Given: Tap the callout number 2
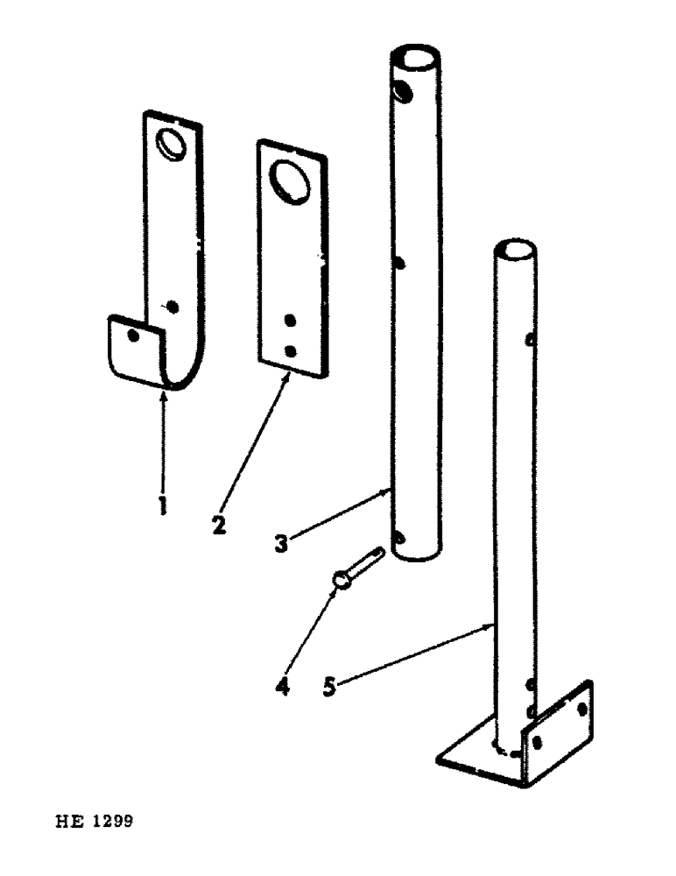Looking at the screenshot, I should (219, 525).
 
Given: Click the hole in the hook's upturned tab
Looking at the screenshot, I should (131, 335).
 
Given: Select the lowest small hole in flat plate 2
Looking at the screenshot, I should (291, 350).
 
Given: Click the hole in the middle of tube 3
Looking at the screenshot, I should (399, 262).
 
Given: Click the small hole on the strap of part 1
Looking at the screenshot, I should (173, 306).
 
